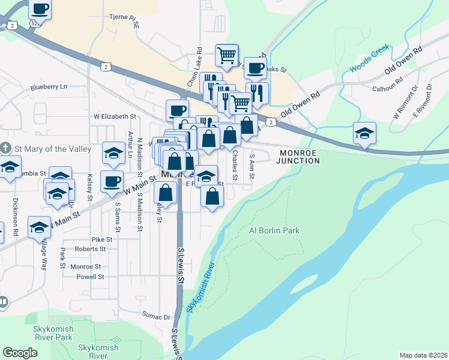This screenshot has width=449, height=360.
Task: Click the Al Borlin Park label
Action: click(x=274, y=230)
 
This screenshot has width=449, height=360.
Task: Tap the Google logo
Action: click(x=20, y=353)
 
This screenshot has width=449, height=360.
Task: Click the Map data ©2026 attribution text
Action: click(x=423, y=355)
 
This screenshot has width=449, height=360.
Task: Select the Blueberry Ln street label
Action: click(x=49, y=87)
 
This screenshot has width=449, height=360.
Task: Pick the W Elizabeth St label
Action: click(x=115, y=116)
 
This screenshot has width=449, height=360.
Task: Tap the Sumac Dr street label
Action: click(x=156, y=314)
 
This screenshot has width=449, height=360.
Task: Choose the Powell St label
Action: click(x=91, y=277)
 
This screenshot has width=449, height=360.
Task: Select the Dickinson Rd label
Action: click(x=15, y=211)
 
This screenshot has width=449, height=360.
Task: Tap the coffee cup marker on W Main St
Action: click(x=112, y=182)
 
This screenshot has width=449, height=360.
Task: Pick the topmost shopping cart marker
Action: click(x=227, y=55)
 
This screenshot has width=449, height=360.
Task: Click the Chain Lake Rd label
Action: click(x=193, y=68)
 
